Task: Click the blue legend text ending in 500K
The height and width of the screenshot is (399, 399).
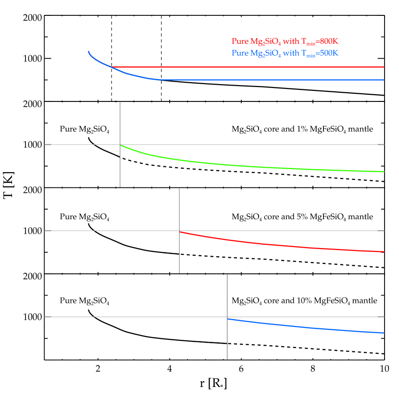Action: tap(285, 53)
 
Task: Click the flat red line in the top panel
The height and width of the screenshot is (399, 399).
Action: tap(250, 67)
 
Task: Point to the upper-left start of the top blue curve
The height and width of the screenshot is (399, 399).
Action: tap(88, 51)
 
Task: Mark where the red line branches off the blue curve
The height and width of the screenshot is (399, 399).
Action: tap(112, 67)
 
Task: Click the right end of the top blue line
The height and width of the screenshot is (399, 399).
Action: tap(384, 80)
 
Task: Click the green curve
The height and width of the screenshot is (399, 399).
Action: tap(240, 165)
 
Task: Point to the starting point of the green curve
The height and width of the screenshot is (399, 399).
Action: tap(120, 145)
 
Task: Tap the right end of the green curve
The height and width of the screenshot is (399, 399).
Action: tap(384, 172)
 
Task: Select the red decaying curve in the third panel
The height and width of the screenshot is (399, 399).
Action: tap(288, 246)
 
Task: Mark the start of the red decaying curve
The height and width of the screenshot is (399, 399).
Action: tap(179, 231)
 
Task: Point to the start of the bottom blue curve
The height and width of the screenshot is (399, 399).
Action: tap(227, 318)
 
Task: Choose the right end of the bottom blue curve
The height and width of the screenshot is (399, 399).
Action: tap(384, 333)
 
